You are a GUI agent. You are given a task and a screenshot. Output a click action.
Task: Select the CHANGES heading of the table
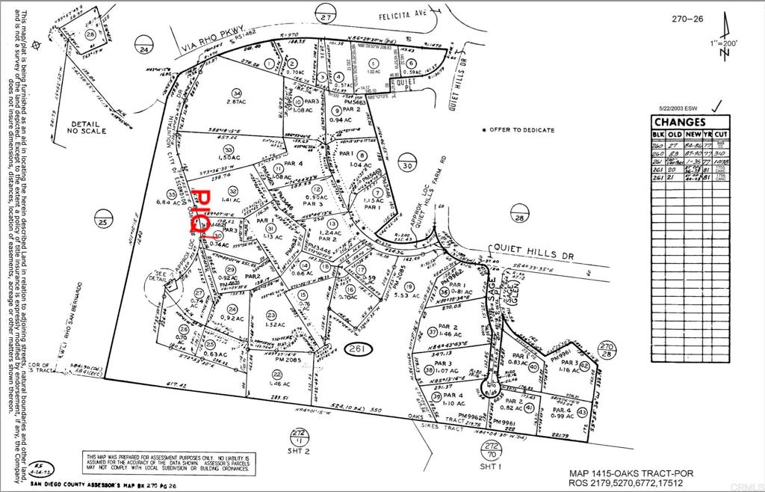click(x=679, y=123)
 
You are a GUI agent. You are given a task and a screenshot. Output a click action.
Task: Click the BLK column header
click(x=657, y=134)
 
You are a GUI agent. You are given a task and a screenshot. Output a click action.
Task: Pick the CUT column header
click(x=721, y=134)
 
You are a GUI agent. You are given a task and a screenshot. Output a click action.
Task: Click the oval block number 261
click(x=362, y=349)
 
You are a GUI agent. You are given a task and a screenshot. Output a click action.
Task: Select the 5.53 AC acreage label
click(x=409, y=296)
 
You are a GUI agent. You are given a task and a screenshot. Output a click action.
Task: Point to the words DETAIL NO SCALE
click(x=87, y=127)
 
